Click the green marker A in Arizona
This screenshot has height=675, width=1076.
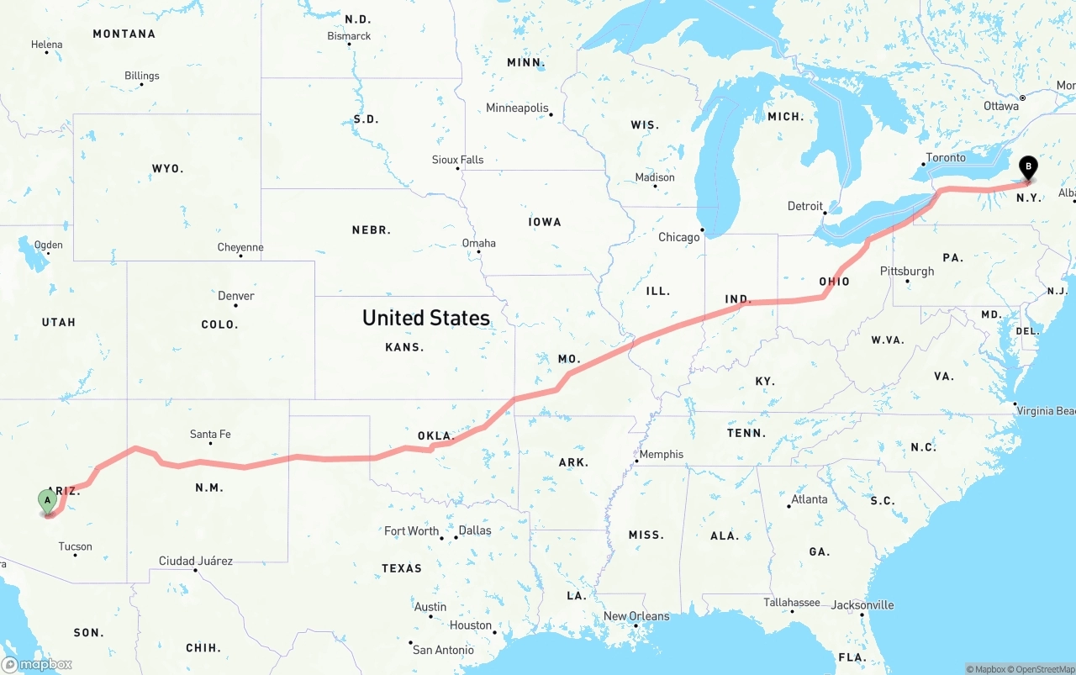48,501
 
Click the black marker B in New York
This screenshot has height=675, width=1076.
1027,167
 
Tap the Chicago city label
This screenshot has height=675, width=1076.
678,237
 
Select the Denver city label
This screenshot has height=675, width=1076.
235,296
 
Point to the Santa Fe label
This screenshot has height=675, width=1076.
210,435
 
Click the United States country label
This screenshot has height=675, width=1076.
426,318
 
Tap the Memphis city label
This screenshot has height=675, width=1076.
661,455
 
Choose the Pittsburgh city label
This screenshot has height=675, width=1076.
906,272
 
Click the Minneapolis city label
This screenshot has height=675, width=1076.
517,108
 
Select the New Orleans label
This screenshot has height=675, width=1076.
636,616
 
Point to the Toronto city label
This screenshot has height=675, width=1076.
946,158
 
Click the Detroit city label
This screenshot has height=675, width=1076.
804,206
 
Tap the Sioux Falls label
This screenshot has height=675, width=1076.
457,160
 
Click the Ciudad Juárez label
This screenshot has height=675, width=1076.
196,561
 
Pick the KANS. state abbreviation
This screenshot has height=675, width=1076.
404,347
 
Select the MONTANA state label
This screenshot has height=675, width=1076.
124,34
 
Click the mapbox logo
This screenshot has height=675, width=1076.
37,664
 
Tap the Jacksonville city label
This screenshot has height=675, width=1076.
862,605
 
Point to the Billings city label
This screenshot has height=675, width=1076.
141,76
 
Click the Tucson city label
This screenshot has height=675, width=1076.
75,546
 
